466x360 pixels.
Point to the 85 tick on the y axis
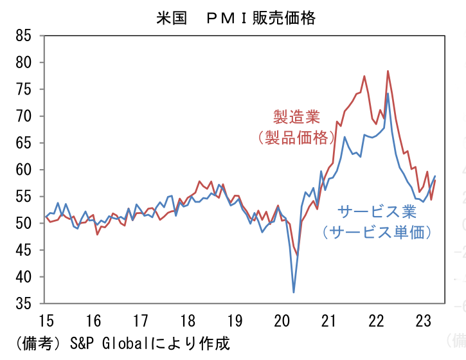coord(24,36)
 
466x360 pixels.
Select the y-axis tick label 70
coord(24,116)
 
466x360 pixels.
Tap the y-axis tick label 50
coord(24,224)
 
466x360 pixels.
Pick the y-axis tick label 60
coord(24,170)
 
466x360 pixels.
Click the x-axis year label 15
coord(46,321)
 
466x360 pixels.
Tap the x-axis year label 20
coord(282,321)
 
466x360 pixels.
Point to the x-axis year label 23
coord(424,321)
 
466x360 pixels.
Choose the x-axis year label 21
coord(329,321)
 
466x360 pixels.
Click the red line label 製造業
coord(296,117)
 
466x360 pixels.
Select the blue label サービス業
coord(376,212)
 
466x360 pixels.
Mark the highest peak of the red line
coord(388,71)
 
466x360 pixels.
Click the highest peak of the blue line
coord(388,94)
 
